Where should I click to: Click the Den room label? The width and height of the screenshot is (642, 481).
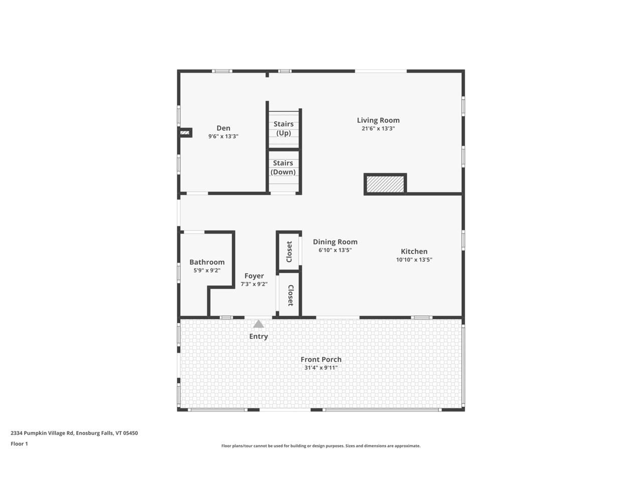223,128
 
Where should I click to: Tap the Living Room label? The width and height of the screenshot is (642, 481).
378,120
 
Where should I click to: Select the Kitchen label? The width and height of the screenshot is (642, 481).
414,252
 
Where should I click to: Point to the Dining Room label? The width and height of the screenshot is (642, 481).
335,242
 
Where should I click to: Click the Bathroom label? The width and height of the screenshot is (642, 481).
207,262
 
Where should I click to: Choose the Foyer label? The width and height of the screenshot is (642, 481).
254,276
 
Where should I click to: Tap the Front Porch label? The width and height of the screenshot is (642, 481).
321,359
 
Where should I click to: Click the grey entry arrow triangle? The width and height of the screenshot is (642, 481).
258,324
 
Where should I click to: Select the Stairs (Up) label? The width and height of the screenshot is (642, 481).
283,128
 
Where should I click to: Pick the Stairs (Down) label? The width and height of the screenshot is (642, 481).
283,167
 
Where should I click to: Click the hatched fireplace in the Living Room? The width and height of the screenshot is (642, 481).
385,184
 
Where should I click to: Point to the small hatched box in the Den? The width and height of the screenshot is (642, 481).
185,132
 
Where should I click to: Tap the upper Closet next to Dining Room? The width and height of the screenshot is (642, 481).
289,252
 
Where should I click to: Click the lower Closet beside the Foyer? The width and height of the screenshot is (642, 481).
290,295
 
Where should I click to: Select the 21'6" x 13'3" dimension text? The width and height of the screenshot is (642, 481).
378,128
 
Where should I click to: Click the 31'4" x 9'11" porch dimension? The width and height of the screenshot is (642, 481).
321,368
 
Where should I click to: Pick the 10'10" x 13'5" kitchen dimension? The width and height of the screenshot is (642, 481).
414,260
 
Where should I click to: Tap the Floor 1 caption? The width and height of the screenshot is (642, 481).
19,443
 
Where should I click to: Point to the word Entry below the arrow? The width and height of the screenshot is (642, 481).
258,336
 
